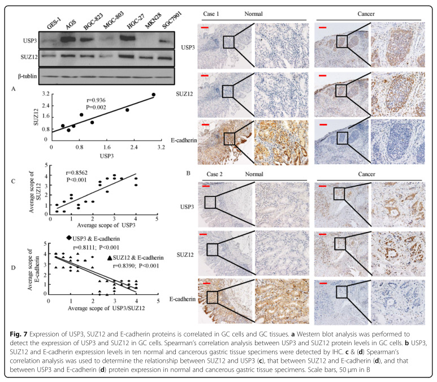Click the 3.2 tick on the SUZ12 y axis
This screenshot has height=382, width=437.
coord(47,94)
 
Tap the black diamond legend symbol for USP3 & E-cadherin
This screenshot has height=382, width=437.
coord(69,238)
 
